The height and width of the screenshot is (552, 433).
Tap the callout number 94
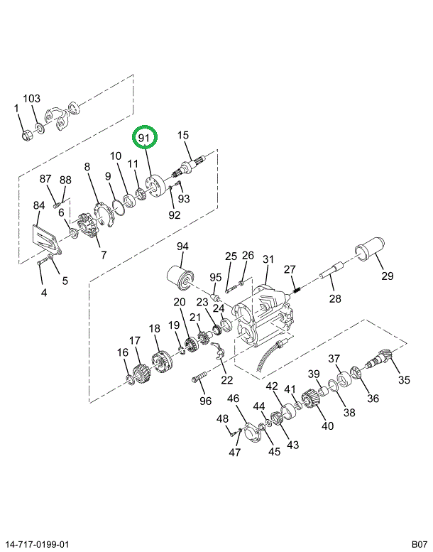[x=182, y=247]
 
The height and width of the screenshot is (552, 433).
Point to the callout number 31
[x=268, y=259]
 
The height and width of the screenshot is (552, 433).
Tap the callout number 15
[x=183, y=135]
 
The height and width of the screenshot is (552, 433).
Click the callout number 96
[x=205, y=401]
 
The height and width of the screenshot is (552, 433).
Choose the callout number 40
[x=327, y=426]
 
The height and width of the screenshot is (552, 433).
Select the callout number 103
[x=32, y=99]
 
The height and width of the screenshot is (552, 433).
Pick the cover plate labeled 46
[x=248, y=434]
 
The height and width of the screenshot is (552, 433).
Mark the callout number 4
[x=44, y=292]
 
